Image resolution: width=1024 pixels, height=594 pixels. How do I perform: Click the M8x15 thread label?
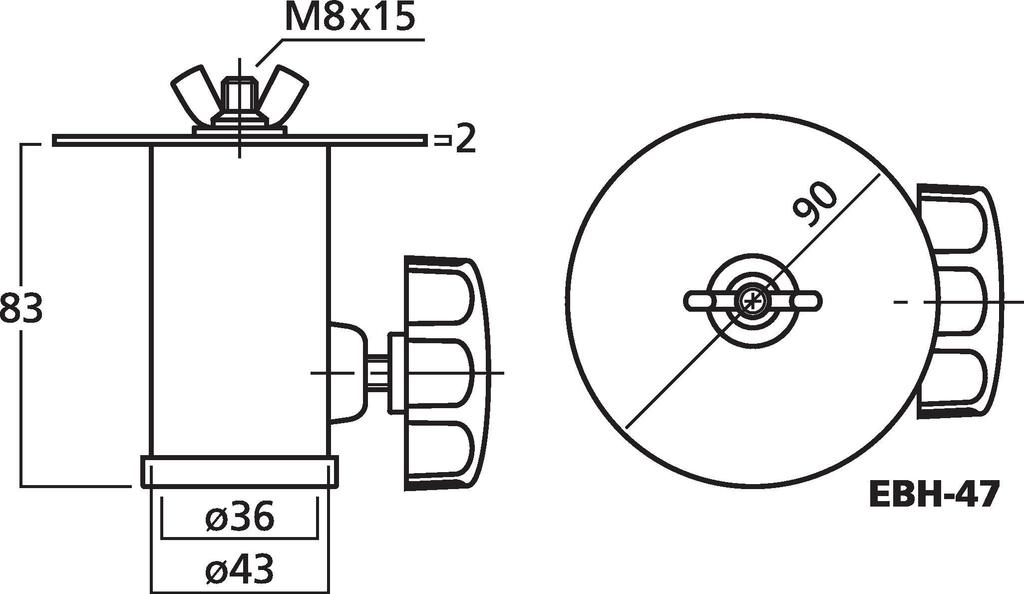point(350,18)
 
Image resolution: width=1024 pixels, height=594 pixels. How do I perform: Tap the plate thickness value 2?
point(463,139)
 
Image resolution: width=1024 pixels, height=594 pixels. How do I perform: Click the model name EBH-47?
point(934,494)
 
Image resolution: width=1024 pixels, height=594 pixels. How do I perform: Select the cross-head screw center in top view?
point(751,300)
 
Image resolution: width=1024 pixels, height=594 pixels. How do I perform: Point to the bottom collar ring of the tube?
point(239,471)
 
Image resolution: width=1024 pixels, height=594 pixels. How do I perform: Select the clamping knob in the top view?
point(958,300)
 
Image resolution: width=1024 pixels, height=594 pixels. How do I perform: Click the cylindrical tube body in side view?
point(239,300)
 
